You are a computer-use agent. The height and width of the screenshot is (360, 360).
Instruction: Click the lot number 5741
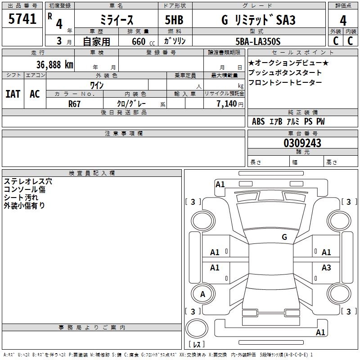22,20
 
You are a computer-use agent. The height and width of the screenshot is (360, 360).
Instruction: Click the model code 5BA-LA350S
258,41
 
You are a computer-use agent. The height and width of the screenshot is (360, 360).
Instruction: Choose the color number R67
75,103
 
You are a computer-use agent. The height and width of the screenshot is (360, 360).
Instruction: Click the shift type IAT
13,94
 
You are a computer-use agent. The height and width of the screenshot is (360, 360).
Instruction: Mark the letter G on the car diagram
284,237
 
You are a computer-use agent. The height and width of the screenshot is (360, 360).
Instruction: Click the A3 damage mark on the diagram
326,268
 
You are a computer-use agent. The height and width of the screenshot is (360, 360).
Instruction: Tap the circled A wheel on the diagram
202,294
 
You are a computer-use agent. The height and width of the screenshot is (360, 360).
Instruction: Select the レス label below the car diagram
197,345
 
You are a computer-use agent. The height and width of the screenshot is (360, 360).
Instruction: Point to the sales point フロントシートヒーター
285,82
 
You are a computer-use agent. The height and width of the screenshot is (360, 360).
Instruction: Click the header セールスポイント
302,53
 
